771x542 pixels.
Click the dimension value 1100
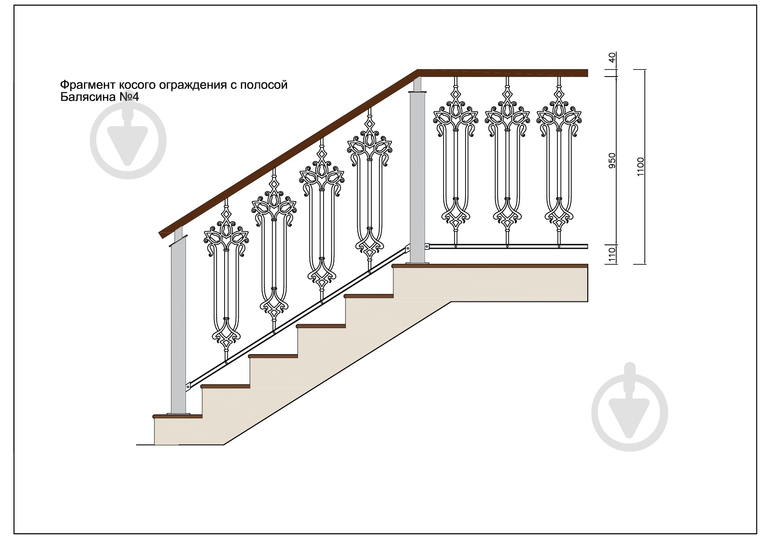tap(640, 167)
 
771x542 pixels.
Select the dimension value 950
tap(612, 161)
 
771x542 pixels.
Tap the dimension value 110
tap(612, 254)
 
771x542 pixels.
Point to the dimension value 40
tap(612, 58)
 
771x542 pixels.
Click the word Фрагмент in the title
tap(88, 84)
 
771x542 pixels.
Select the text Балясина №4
tap(99, 97)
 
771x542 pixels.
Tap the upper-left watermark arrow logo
tap(128, 141)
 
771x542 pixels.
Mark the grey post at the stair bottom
tap(178, 326)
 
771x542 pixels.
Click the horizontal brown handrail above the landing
tap(503, 73)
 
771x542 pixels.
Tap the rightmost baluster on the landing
tap(559, 163)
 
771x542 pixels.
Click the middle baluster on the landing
tap(507, 163)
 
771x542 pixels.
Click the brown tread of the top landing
tap(490, 266)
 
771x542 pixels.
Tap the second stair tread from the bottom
tap(225, 386)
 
